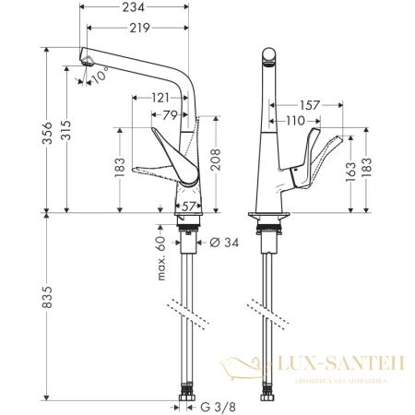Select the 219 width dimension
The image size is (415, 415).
coord(138,29)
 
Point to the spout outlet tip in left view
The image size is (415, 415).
coord(87,61)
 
